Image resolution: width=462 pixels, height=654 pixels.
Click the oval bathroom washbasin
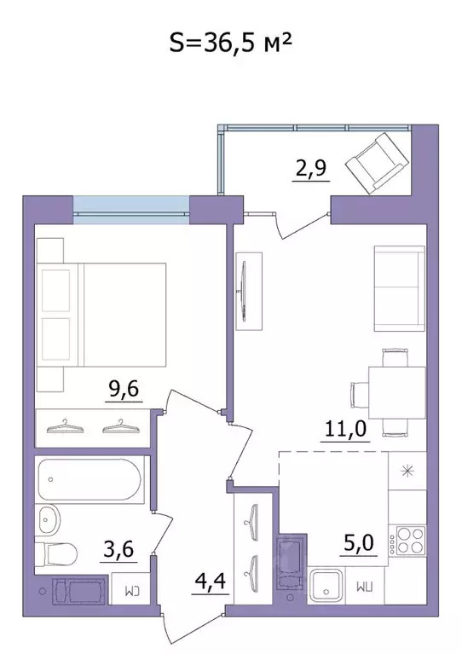tap(48, 518)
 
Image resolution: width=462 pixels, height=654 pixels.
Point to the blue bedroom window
tap(130, 209)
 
